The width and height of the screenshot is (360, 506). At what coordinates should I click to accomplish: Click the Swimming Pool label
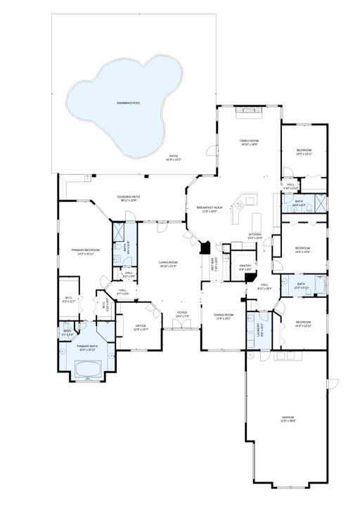(129, 103)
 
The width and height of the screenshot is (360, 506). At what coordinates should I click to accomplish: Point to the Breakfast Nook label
(210, 208)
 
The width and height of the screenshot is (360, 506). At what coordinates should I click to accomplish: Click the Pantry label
(245, 267)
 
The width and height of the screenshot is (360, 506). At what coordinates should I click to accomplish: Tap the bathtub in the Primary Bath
(89, 368)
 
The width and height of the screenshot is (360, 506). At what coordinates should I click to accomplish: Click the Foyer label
(182, 313)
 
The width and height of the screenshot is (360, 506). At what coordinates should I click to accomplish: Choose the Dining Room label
(224, 316)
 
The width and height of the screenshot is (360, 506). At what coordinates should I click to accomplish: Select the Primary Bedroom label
(86, 251)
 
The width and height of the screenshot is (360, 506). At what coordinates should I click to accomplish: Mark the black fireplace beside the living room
(205, 248)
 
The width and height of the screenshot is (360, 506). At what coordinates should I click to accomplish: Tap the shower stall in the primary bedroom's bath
(120, 233)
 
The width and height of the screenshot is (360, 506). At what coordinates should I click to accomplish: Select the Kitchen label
(255, 235)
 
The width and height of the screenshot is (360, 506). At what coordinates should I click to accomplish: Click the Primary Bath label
(88, 347)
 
